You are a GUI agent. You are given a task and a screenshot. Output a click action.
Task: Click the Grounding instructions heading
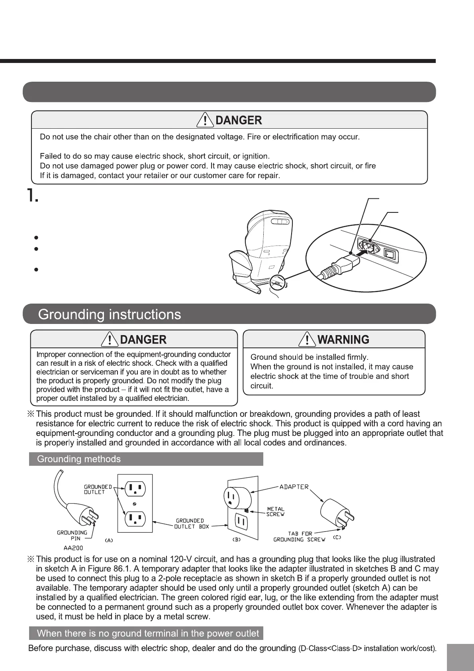point(110,315)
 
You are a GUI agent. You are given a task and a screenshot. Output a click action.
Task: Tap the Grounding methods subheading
point(79,459)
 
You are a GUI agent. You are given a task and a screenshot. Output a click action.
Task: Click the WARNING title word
point(343,339)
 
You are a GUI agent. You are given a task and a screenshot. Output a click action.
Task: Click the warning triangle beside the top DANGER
point(205,120)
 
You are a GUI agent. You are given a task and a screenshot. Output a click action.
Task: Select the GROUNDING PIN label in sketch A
point(72,535)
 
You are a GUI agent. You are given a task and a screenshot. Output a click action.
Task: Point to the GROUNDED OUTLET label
point(97,489)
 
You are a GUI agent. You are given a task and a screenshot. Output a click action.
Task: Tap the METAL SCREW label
point(276,512)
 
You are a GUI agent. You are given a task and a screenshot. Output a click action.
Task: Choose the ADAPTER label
point(294,487)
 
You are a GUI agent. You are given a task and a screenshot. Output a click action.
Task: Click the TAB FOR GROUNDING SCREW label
point(300,536)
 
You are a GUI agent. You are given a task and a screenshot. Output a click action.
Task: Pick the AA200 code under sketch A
point(73,548)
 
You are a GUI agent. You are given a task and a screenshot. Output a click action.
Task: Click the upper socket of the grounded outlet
point(135,489)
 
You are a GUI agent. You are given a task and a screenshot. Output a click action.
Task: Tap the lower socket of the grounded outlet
point(135,519)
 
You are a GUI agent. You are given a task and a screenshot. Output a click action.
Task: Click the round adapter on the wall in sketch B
point(237,498)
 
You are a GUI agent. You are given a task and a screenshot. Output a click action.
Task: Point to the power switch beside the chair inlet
point(390,254)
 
